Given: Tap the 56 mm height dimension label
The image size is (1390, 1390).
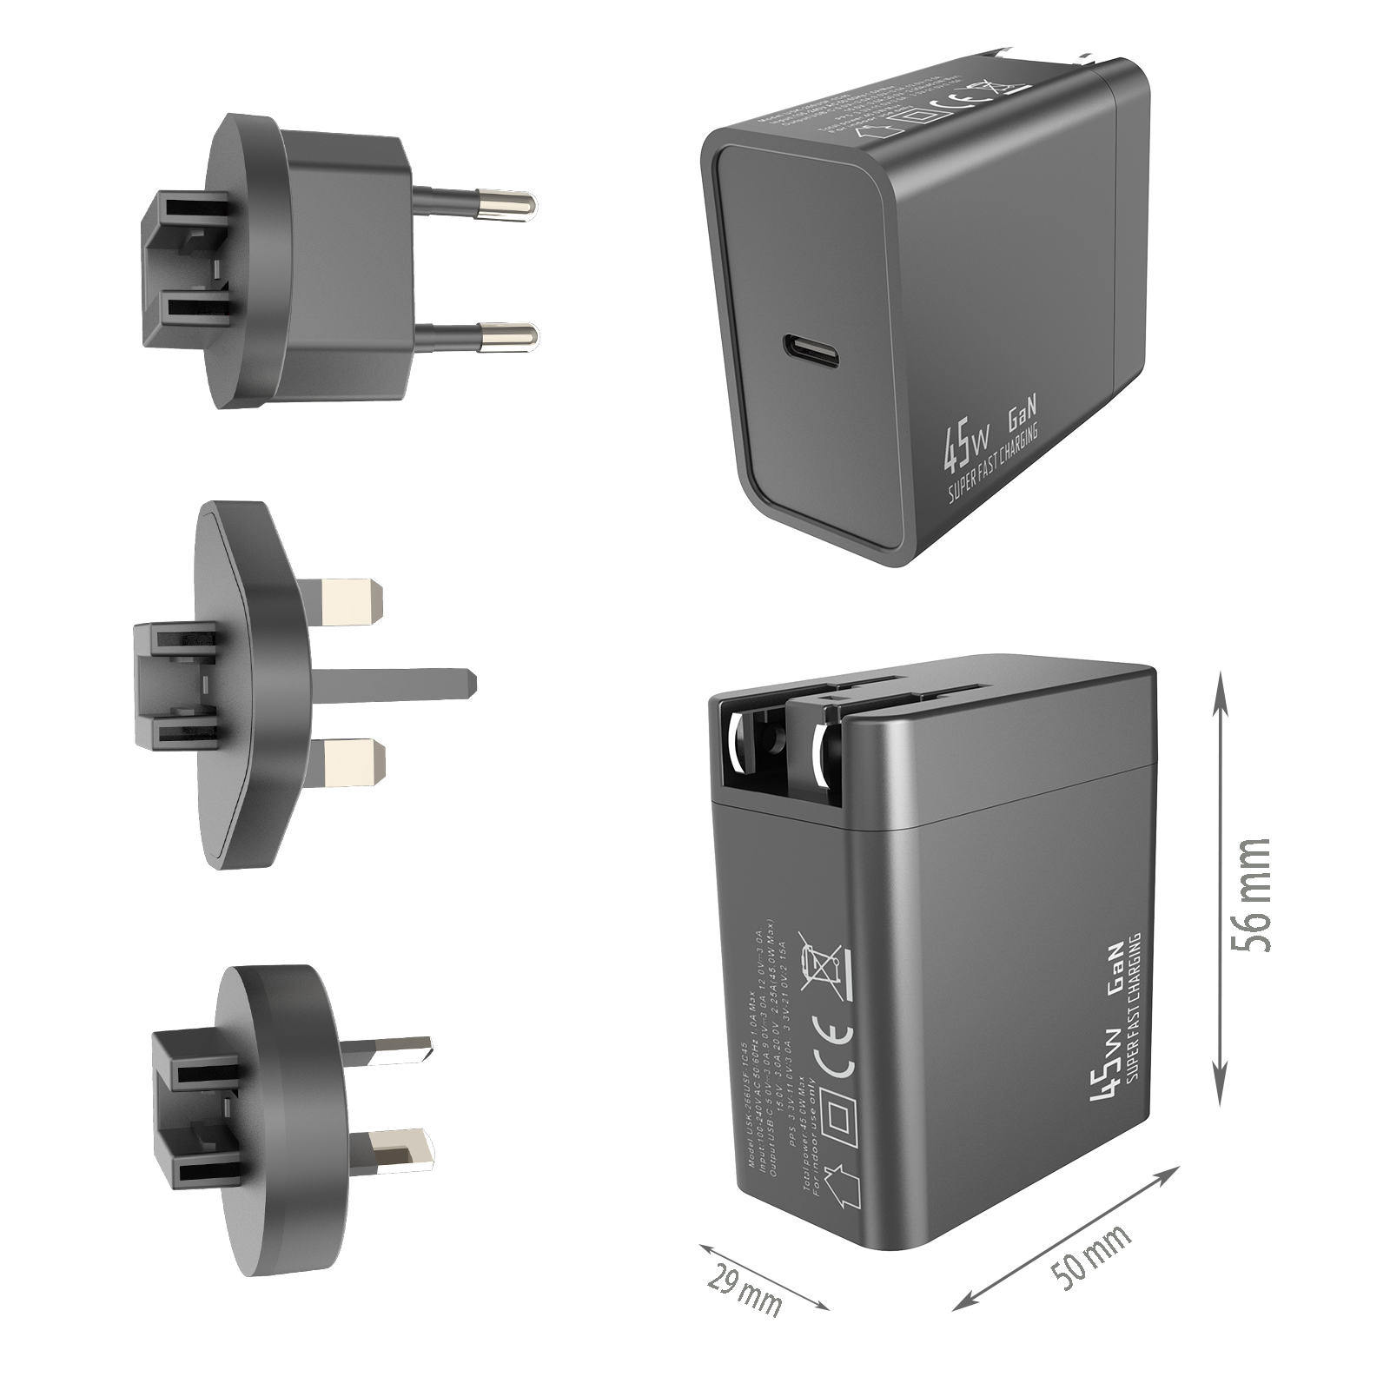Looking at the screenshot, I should (x=1251, y=895).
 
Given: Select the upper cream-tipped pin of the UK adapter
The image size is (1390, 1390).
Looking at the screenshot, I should (x=352, y=600).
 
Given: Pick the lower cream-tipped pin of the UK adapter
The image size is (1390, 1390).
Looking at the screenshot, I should (x=352, y=762).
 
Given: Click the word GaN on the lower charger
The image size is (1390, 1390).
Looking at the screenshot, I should (x=1119, y=964).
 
